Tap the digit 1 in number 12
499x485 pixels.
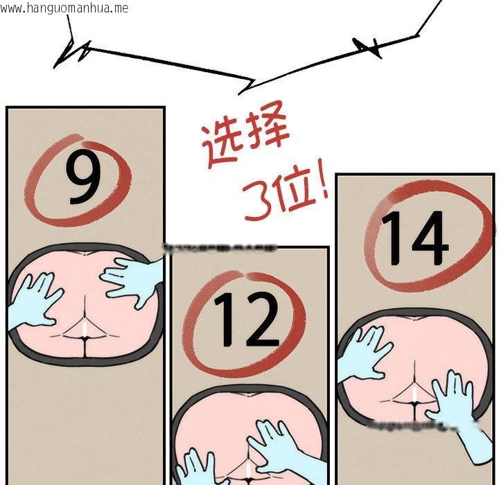click(x=226, y=320)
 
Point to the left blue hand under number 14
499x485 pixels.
click(x=360, y=353)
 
